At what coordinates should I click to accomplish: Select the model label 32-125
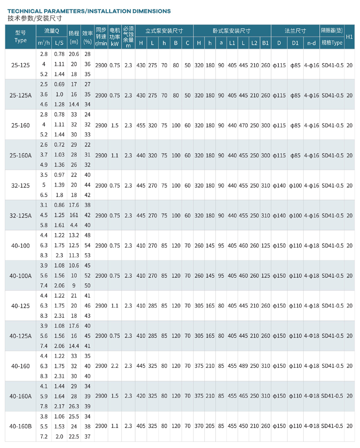coord(20,186)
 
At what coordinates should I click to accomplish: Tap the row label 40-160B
coord(20,426)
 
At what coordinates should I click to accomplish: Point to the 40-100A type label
coord(20,276)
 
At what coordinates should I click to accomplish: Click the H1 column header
coord(349,37)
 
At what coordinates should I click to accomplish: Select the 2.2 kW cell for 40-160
coord(114,366)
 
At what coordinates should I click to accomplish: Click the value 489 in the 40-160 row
coord(243,366)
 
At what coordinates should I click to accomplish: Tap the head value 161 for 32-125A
coord(74,216)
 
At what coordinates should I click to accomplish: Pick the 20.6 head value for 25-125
coord(74,54)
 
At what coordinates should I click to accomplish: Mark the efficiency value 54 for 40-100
coord(88,246)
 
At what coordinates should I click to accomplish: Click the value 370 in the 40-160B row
coord(199,426)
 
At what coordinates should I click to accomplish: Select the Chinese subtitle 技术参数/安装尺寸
coord(34,18)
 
